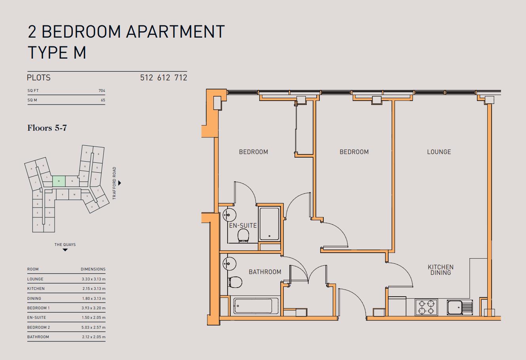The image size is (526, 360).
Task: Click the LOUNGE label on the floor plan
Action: (439, 152)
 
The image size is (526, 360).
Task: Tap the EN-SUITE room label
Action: (243, 226)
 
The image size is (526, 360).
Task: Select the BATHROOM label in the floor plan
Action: (265, 272)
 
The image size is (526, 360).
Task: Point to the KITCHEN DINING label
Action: (441, 270)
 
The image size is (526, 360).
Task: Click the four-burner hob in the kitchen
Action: (426, 307)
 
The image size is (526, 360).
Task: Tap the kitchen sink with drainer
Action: (460, 307)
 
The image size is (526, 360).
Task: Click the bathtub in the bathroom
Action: (253, 306)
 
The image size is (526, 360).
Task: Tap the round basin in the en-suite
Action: (229, 215)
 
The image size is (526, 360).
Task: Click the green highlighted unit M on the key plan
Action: (59, 181)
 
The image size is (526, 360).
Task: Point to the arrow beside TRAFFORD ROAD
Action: (120, 183)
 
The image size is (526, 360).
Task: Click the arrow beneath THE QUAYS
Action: (65, 250)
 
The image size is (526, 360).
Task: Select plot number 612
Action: (163, 78)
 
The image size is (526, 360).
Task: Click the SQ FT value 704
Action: (102, 91)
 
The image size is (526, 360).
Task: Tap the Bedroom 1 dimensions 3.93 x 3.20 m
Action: (93, 308)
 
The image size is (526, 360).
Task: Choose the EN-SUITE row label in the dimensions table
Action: (36, 318)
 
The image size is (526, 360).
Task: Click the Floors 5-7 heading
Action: (46, 128)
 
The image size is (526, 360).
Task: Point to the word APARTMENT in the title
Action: (173, 32)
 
